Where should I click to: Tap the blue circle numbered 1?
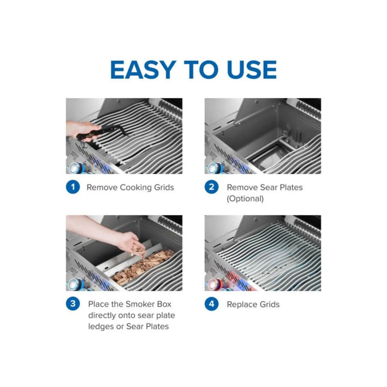click(73, 187)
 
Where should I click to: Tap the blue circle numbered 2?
click(211, 187)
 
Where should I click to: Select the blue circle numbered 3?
click(73, 304)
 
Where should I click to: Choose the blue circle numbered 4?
click(211, 304)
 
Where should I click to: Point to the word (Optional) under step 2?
click(245, 198)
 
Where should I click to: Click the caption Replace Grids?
click(253, 304)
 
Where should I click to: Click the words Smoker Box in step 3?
click(147, 304)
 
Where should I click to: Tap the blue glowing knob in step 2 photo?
click(213, 168)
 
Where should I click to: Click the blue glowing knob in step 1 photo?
click(75, 168)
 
